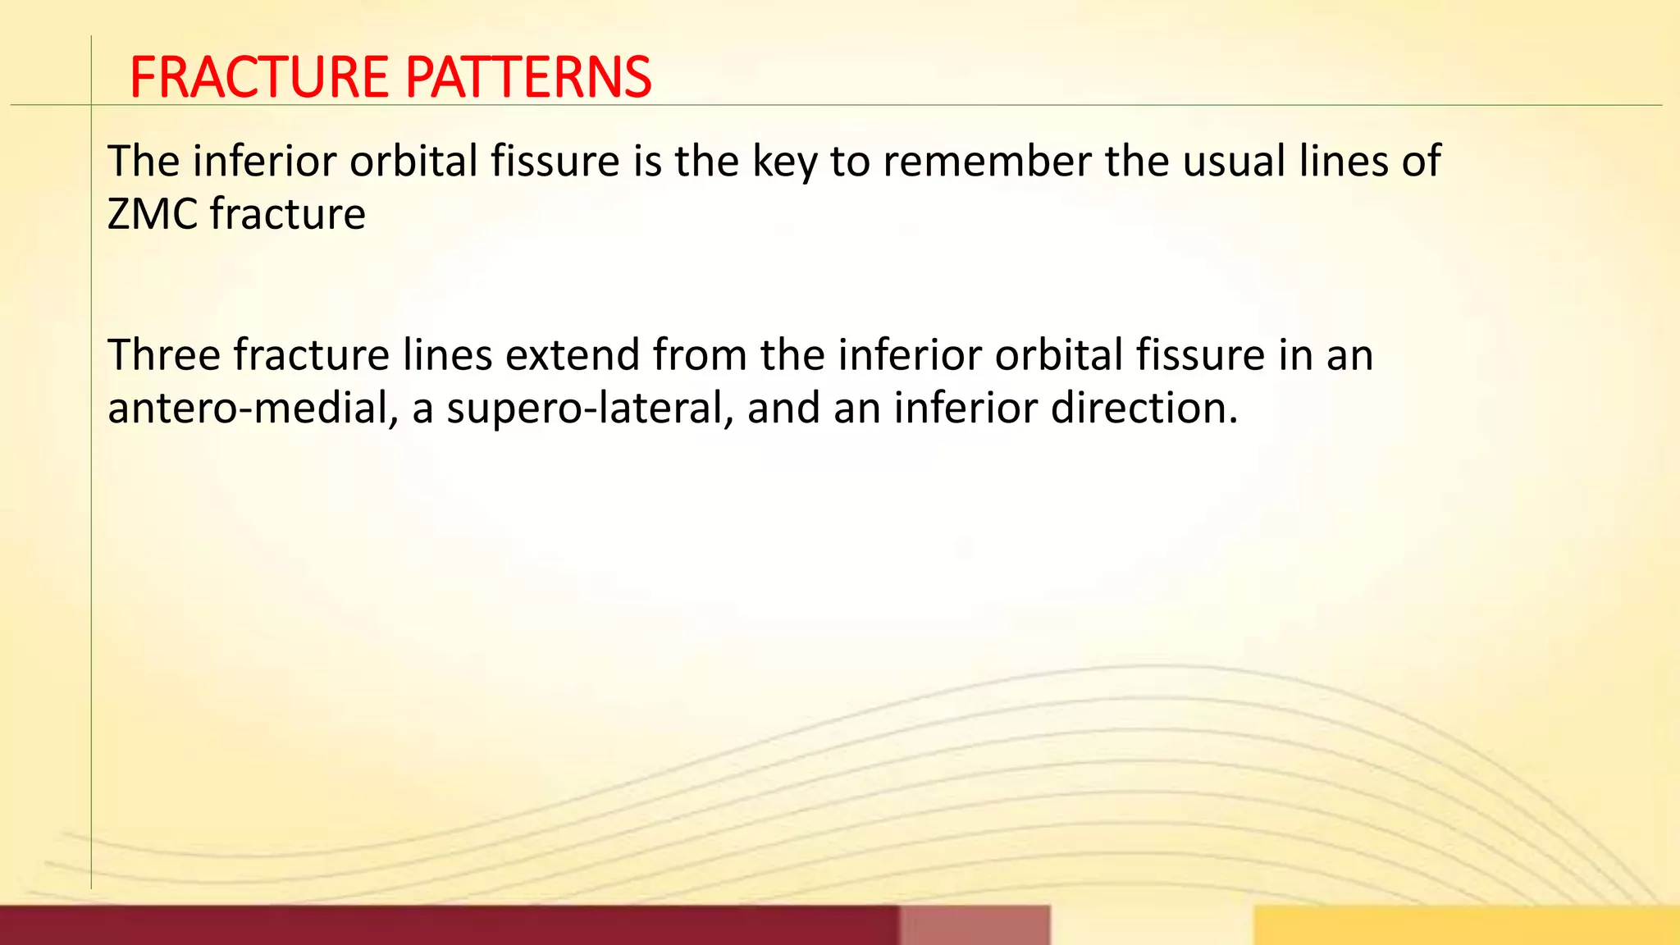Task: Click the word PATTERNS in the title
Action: coord(528,78)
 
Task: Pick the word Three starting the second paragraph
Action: coord(164,355)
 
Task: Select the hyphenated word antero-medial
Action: coord(248,409)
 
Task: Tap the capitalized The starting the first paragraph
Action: coord(143,162)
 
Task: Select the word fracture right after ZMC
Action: coord(287,215)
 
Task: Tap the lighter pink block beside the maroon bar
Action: coord(975,925)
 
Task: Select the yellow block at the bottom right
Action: coord(1466,925)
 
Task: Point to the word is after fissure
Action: coord(647,162)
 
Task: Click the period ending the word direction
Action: coord(1232,422)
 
